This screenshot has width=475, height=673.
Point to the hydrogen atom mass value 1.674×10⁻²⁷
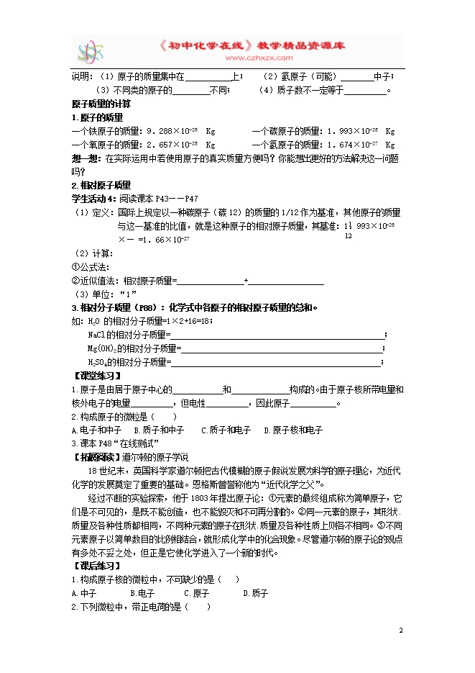pos(352,145)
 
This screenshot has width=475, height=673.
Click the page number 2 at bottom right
pos(400,630)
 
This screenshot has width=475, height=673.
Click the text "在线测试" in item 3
pos(141,443)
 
